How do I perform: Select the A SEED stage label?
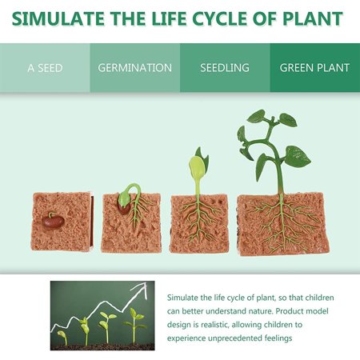(45, 68)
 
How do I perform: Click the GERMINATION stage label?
(134, 68)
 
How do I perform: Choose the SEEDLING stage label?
(225, 68)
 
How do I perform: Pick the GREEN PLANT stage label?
(314, 68)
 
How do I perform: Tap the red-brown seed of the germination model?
(126, 206)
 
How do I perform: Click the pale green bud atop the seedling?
(195, 167)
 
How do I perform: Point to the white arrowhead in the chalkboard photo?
(146, 286)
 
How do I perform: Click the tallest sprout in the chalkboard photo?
(136, 323)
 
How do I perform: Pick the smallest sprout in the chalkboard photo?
(63, 337)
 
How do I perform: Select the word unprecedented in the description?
(244, 338)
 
